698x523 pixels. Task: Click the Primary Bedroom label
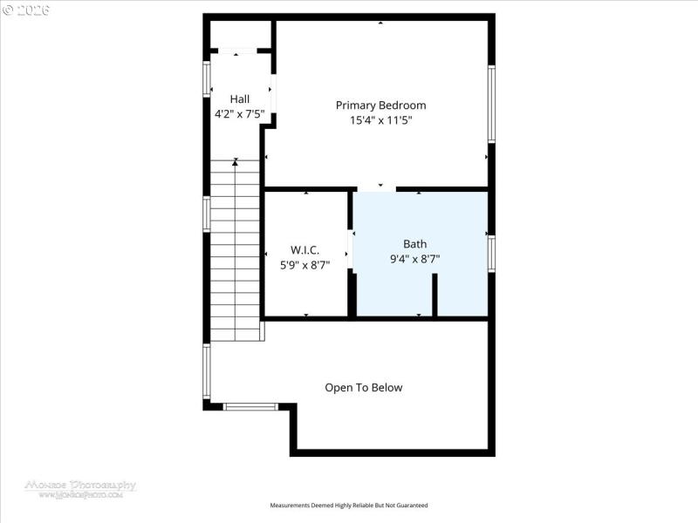[380, 105]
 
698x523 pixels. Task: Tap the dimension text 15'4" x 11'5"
[380, 121]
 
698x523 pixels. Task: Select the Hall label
[239, 99]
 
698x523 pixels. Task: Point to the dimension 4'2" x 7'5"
[239, 113]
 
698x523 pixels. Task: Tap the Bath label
[414, 244]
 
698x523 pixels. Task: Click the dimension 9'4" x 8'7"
[414, 259]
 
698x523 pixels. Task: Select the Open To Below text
[364, 388]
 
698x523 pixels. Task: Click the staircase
[236, 253]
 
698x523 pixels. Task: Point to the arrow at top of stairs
[235, 163]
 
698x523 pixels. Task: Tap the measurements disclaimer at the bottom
[349, 506]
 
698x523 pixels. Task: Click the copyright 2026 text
[26, 10]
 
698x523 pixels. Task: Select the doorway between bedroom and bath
[377, 188]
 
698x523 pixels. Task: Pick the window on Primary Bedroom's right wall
[491, 104]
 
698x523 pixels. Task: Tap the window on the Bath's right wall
[491, 254]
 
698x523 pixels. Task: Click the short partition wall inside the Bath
[435, 295]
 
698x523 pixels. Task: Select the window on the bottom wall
[250, 406]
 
